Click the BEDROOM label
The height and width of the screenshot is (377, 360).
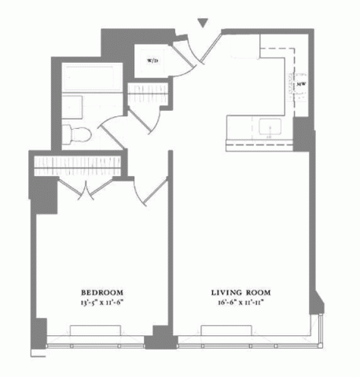(x=102, y=292)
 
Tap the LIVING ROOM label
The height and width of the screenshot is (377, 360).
(x=241, y=292)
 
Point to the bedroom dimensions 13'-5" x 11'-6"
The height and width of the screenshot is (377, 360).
(x=102, y=302)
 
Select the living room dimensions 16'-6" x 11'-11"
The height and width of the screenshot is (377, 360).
(x=241, y=302)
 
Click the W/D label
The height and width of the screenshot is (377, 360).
(x=152, y=60)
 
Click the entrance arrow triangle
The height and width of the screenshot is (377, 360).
(x=203, y=23)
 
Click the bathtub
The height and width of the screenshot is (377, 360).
(x=92, y=77)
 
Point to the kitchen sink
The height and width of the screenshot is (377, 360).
(x=270, y=126)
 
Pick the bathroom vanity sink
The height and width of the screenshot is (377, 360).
(x=72, y=108)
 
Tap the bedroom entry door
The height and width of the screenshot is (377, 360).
(x=151, y=191)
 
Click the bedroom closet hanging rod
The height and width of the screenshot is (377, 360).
(x=78, y=166)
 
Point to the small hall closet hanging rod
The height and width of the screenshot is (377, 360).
(x=148, y=94)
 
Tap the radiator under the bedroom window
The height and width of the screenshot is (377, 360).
(x=95, y=331)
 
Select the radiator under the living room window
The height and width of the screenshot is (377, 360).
(x=226, y=331)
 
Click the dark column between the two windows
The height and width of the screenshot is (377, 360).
(x=160, y=337)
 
